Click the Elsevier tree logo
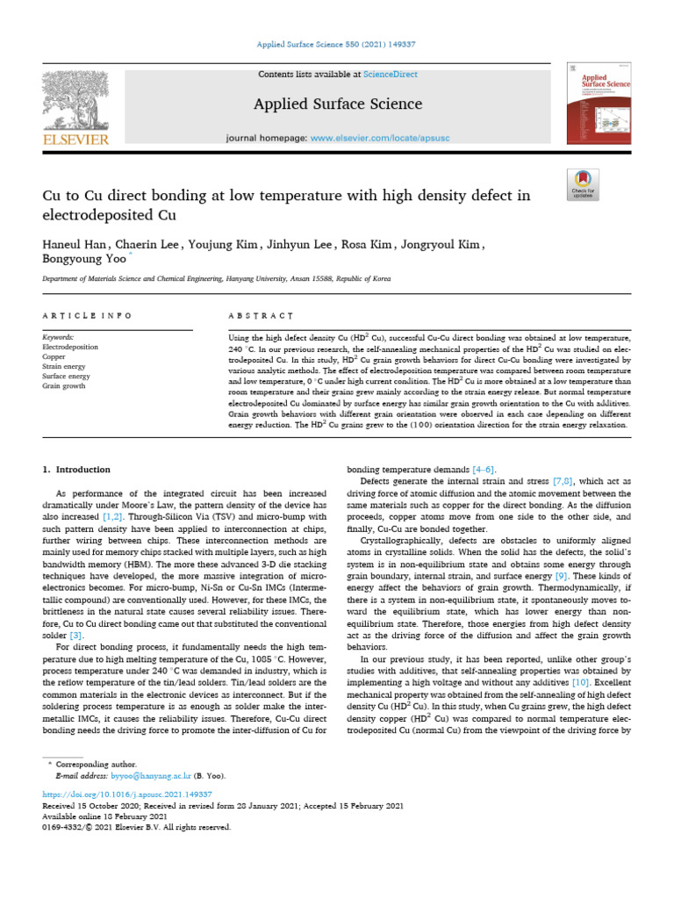coord(75,99)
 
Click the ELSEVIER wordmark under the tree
coord(75,140)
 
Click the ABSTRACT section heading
coord(255,315)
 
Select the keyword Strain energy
coord(66,366)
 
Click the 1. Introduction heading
coord(77,470)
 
